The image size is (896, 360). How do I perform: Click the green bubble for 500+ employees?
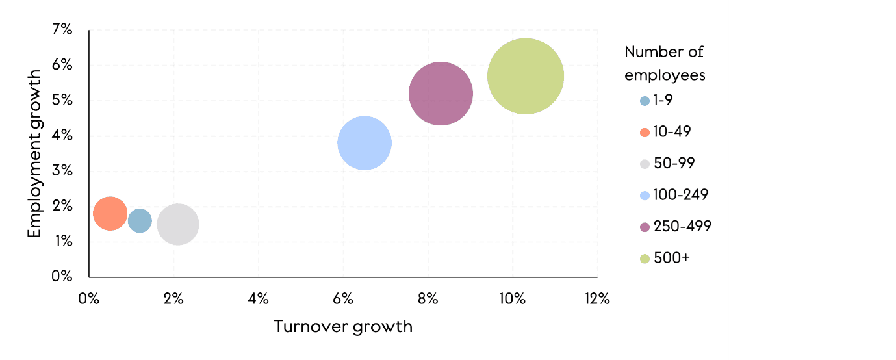(x=525, y=76)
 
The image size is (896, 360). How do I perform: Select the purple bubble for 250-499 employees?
(x=441, y=94)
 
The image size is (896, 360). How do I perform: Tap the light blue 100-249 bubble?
(x=365, y=143)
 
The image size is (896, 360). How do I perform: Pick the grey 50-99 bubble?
(x=177, y=224)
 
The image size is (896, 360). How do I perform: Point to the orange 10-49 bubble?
(x=110, y=213)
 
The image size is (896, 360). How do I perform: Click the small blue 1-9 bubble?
(x=140, y=221)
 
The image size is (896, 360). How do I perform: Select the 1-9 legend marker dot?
(x=645, y=101)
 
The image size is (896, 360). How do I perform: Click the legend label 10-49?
(x=672, y=132)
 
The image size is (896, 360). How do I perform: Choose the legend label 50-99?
(x=674, y=163)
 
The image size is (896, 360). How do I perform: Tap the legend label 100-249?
(x=680, y=195)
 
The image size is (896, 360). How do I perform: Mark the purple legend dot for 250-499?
(x=645, y=227)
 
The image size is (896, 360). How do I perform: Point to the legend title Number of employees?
(x=665, y=63)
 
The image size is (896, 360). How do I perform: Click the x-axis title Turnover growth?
(x=343, y=326)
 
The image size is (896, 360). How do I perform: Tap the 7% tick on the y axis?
(x=63, y=30)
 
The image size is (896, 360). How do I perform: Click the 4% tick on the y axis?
(x=63, y=136)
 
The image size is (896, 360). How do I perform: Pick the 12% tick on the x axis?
(x=596, y=300)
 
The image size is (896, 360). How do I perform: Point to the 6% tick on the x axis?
(x=342, y=300)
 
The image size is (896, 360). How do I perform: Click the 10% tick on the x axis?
(x=512, y=300)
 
